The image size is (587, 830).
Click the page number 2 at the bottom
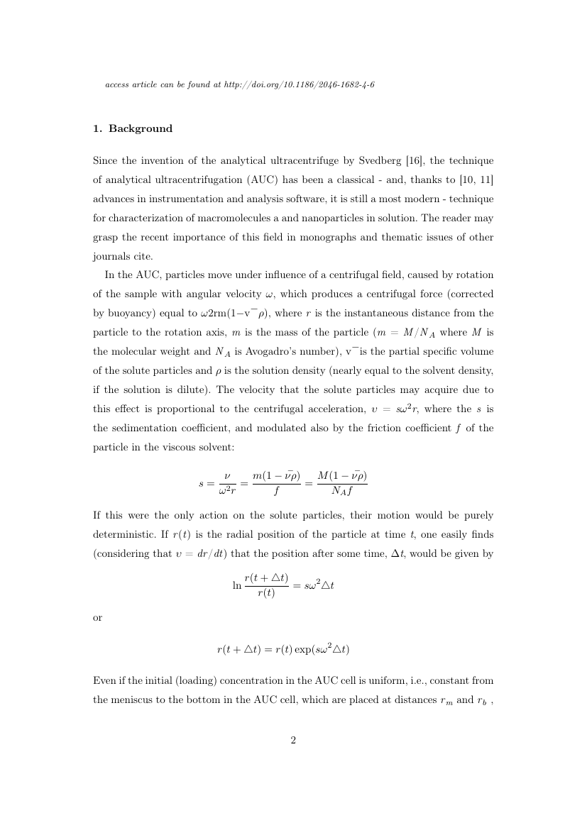pos(293,741)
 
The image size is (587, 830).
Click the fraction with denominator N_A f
pos(341,482)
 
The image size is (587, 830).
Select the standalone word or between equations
pos(98,617)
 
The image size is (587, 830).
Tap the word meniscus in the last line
pos(131,698)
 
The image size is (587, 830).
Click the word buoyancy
pos(128,313)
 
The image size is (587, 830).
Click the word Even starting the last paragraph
pos(104,680)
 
